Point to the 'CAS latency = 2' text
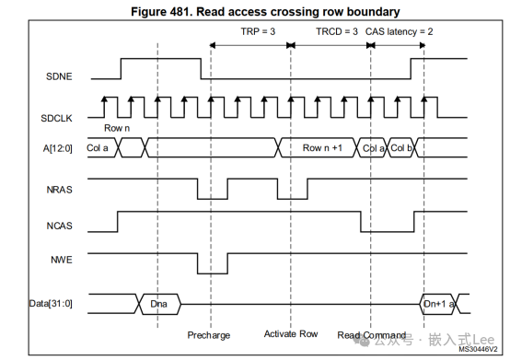[x=400, y=31]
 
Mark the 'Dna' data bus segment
[x=159, y=301]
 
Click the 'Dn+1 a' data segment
[x=437, y=301]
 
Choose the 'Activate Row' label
[x=291, y=333]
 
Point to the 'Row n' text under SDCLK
[x=117, y=127]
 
